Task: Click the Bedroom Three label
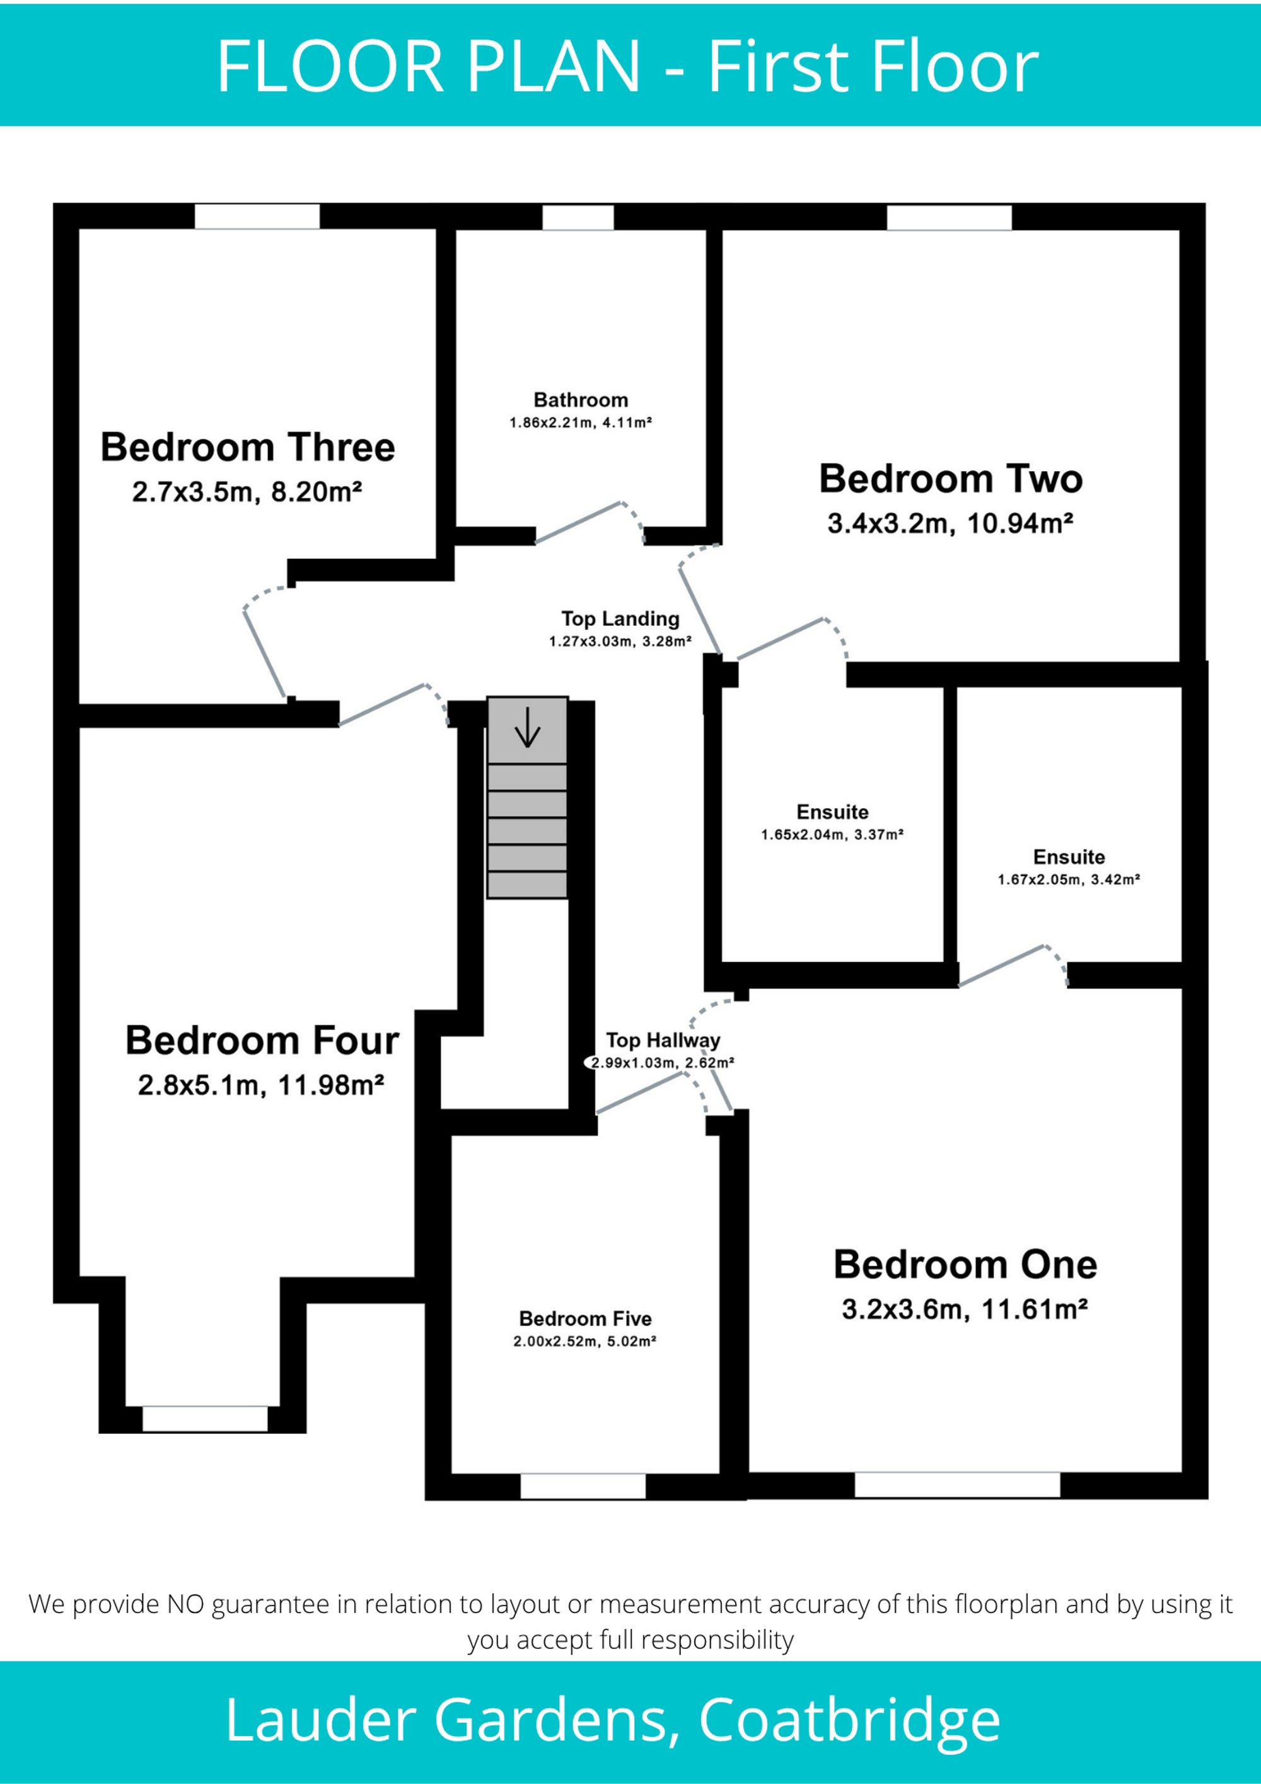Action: (x=248, y=448)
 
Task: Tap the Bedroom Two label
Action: (x=951, y=479)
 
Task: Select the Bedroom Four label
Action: (x=263, y=1041)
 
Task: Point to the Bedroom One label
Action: (x=965, y=1265)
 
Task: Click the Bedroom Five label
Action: (x=585, y=1319)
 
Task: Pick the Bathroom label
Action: (x=581, y=400)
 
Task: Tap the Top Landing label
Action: (x=620, y=619)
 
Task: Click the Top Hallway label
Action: (x=663, y=1041)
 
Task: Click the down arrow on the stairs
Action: (x=528, y=727)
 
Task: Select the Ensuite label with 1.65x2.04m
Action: (x=832, y=812)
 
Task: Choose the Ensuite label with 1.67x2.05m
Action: (x=1069, y=857)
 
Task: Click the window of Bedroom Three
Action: (x=257, y=217)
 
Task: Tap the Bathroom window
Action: (x=578, y=218)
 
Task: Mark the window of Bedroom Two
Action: (x=950, y=218)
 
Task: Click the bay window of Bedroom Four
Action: (x=205, y=1419)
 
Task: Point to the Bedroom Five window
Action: (x=583, y=1486)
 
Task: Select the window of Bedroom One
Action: (x=957, y=1485)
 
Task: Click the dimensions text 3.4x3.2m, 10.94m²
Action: (x=950, y=523)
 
